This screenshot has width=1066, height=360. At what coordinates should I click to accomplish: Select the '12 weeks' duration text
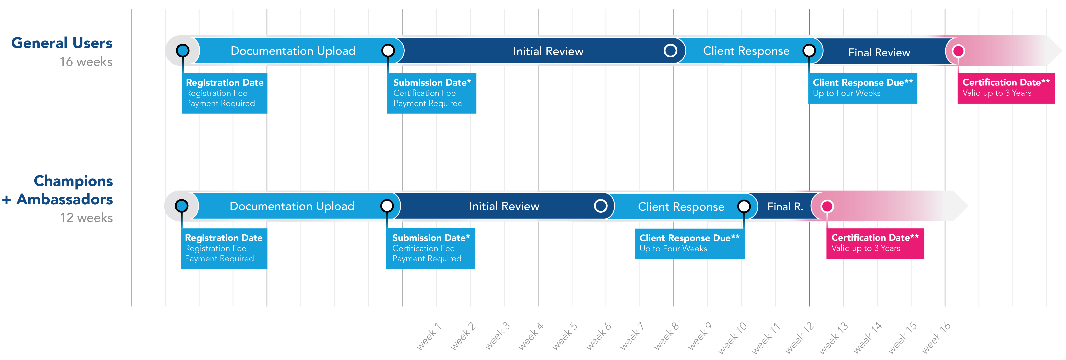[86, 218]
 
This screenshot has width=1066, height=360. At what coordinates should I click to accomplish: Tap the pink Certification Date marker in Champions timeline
[827, 206]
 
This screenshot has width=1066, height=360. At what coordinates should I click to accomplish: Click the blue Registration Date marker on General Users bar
[182, 50]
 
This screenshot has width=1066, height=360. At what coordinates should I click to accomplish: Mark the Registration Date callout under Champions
[224, 248]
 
